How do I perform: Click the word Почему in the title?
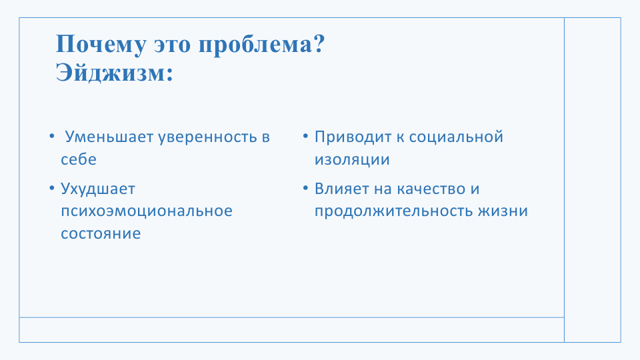101,44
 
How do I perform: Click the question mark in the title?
319,43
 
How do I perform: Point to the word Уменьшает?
109,137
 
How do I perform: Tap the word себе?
79,159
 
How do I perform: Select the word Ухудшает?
98,189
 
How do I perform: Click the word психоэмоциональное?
147,211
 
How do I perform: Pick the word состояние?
101,233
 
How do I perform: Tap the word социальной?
456,137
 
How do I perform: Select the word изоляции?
352,159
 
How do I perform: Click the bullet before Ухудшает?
52,188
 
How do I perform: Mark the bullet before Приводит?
306,136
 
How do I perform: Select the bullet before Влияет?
306,188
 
